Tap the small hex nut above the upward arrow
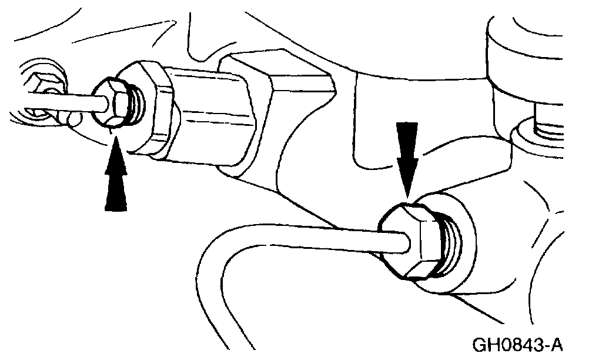tap(115, 102)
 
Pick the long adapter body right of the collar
tap(218, 109)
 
